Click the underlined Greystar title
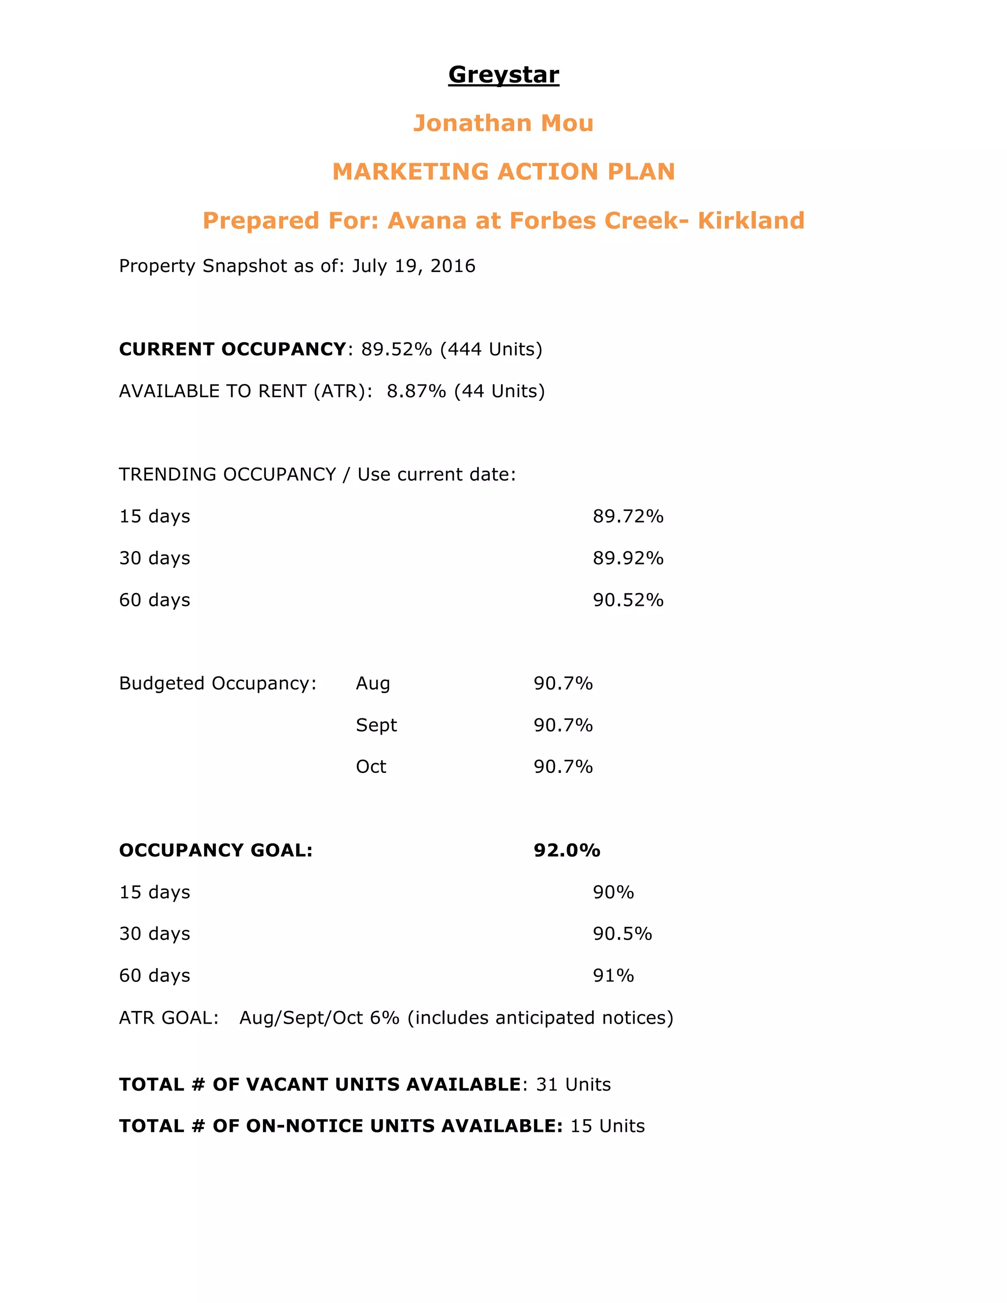pos(503,75)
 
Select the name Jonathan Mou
pos(503,123)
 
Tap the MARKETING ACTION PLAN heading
pos(503,172)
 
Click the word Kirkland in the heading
pos(751,221)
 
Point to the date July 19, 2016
pos(414,266)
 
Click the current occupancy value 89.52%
pos(396,350)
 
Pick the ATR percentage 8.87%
pos(416,391)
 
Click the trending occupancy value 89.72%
pos(627,517)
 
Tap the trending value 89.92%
pos(627,559)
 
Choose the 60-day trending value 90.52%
pos(627,600)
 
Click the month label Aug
pos(373,684)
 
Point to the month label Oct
pos(371,767)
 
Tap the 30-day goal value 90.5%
pos(622,934)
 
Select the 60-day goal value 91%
pos(613,976)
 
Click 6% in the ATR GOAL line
pos(384,1018)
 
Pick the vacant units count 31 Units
pos(573,1085)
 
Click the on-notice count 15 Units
pos(607,1126)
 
